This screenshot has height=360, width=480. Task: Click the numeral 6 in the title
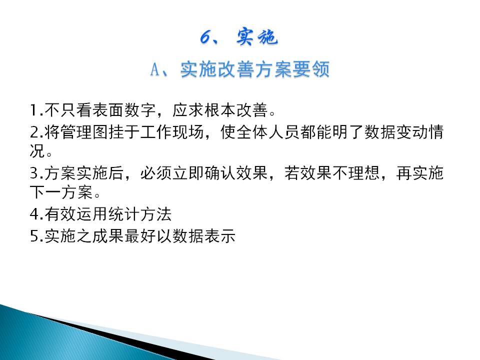pos(205,37)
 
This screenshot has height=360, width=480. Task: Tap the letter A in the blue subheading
pos(155,69)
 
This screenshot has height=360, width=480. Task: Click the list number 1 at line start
pos(34,110)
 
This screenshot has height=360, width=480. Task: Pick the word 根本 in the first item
pos(220,110)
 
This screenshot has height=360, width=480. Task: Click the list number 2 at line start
pos(34,132)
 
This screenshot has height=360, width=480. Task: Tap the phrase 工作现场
pos(171,132)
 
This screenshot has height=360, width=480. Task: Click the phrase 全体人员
pos(268,132)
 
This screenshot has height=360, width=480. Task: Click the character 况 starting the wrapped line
pos(37,150)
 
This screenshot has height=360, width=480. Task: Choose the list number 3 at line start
pos(34,173)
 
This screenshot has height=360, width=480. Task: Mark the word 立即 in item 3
pos(187,173)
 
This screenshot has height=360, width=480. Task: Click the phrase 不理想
pos(355,173)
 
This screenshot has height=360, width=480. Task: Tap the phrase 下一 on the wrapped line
pos(45,192)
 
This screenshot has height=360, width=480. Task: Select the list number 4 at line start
pos(34,214)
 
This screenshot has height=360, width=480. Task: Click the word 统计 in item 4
pos(124,214)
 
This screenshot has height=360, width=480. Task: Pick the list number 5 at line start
pos(34,236)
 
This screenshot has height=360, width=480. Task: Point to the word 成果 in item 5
pos(108,236)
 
